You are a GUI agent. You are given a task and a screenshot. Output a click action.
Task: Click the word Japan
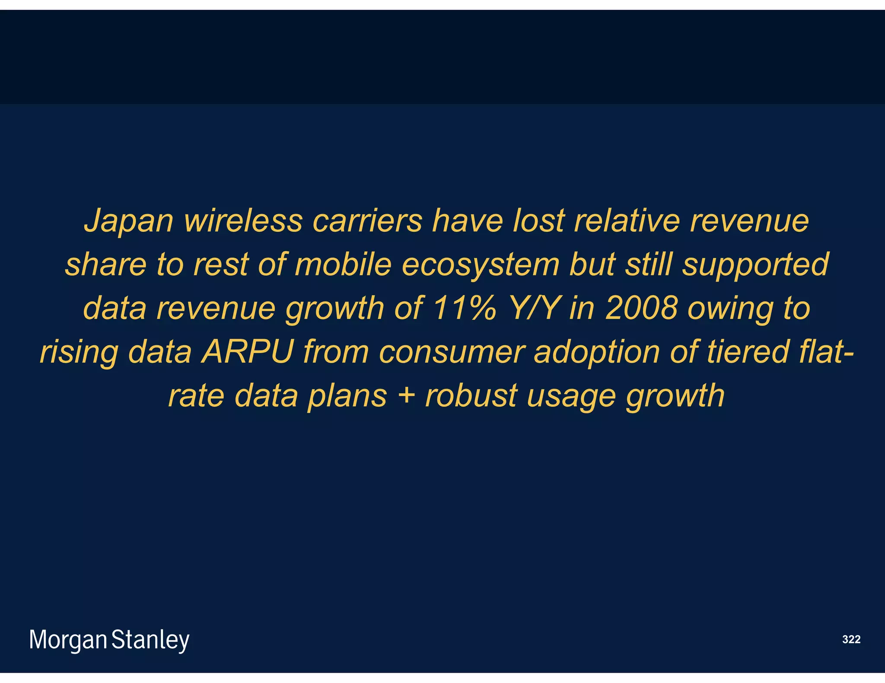128,221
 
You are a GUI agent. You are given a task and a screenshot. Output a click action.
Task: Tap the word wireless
243,221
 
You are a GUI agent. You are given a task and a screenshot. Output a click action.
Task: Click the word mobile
343,264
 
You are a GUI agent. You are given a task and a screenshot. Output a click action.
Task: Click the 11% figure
465,308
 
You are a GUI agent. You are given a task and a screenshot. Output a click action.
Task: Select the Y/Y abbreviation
534,308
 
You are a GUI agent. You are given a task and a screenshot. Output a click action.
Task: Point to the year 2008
641,308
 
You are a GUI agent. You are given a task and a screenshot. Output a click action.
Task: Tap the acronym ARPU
248,352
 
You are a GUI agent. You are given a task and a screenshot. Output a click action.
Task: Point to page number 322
851,639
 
